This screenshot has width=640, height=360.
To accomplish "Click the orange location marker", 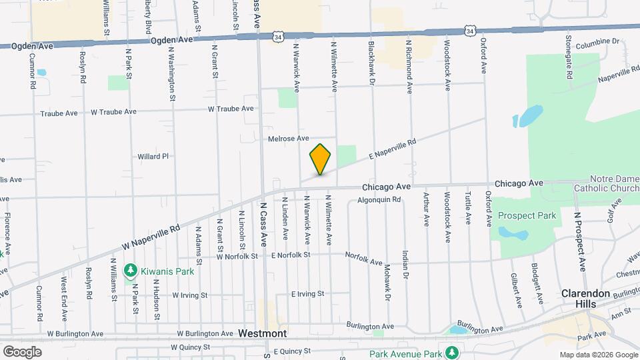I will [x=321, y=159].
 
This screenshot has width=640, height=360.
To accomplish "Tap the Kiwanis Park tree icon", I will [x=132, y=270].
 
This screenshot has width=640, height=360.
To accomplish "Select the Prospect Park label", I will [x=527, y=216].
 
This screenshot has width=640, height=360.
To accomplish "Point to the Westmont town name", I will [x=262, y=333].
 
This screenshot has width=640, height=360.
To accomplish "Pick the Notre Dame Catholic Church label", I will [x=605, y=184].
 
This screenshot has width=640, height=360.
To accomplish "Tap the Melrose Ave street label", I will [x=288, y=139].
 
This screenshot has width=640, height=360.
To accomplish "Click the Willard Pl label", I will [x=153, y=156].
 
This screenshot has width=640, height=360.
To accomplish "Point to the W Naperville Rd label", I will [x=151, y=237].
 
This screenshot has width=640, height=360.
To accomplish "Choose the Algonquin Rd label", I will [x=379, y=199].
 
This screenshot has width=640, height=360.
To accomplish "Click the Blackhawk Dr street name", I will [x=371, y=63].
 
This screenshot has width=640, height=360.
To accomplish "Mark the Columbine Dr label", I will [x=597, y=41].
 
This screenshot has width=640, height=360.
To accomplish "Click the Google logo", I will [x=22, y=351].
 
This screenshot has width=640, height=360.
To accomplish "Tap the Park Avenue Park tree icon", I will [x=453, y=351].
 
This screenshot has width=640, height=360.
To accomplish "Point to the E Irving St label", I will [x=307, y=293].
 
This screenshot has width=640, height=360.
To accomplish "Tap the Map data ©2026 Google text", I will [x=598, y=355].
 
